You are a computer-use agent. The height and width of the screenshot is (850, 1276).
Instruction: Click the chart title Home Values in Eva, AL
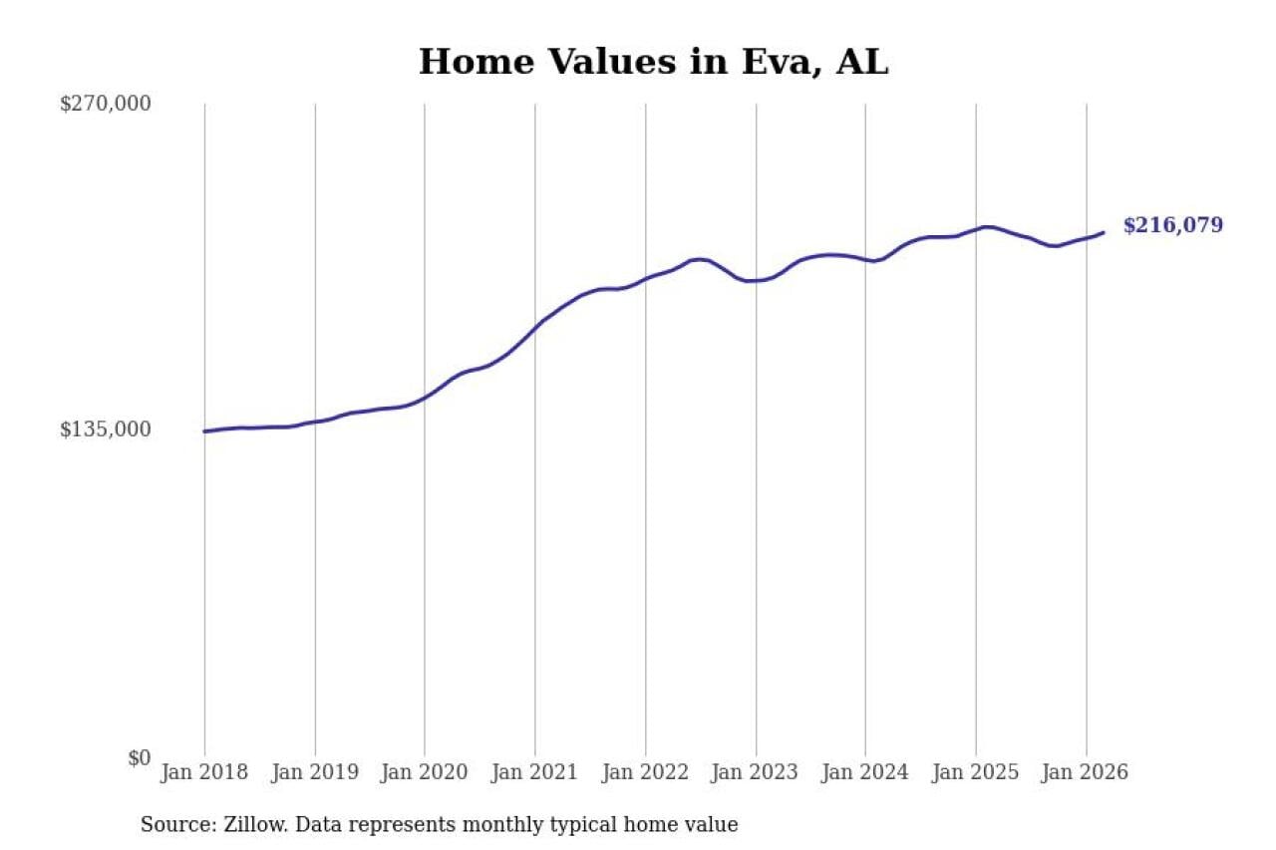click(653, 62)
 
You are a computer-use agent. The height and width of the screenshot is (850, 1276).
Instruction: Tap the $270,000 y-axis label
click(106, 104)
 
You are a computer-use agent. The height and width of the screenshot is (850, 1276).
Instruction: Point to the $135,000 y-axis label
click(106, 429)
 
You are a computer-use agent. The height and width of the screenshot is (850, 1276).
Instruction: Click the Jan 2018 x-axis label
click(204, 773)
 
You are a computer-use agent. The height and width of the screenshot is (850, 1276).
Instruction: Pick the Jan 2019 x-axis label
click(315, 773)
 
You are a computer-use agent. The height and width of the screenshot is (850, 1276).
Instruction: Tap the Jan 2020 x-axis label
click(425, 773)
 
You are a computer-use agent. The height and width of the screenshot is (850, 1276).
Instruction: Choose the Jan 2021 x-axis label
click(535, 773)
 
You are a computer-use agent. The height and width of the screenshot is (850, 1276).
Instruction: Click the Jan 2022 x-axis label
click(645, 773)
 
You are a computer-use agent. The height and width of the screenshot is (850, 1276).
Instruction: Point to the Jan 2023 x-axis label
click(756, 773)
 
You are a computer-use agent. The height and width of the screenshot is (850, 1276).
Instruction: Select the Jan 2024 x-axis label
click(865, 773)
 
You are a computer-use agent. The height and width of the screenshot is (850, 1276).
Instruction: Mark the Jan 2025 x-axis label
click(976, 773)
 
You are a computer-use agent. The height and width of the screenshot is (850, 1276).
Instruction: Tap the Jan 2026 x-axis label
click(1086, 773)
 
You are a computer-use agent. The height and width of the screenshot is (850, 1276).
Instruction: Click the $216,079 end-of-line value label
click(1172, 225)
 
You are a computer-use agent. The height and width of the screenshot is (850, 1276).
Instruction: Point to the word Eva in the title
click(784, 62)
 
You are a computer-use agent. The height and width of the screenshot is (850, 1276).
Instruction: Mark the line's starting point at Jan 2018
click(204, 431)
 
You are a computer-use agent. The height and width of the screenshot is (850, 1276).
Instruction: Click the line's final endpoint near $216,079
click(1104, 232)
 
